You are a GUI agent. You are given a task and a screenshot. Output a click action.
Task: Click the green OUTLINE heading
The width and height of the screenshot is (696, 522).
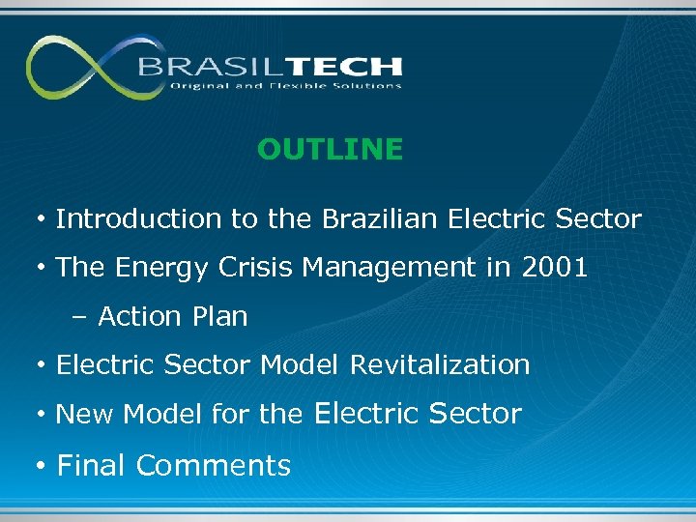point(330,149)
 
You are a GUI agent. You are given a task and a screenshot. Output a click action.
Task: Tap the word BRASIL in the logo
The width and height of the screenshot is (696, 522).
point(200,67)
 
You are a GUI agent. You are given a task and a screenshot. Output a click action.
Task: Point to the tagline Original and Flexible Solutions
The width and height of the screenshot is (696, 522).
point(285,86)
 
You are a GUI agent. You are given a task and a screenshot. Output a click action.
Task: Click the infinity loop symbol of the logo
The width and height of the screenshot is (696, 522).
point(82,67)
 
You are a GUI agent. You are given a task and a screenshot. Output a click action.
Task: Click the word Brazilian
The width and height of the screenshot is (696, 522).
point(382,219)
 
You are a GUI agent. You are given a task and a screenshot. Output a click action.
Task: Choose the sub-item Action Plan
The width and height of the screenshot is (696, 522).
point(173,316)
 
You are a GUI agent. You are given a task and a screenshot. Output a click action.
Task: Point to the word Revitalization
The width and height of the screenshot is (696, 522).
point(440,365)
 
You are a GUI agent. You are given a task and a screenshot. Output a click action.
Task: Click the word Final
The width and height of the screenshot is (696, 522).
point(92,466)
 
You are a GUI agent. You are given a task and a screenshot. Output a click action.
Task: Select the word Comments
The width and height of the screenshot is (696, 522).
point(214,466)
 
